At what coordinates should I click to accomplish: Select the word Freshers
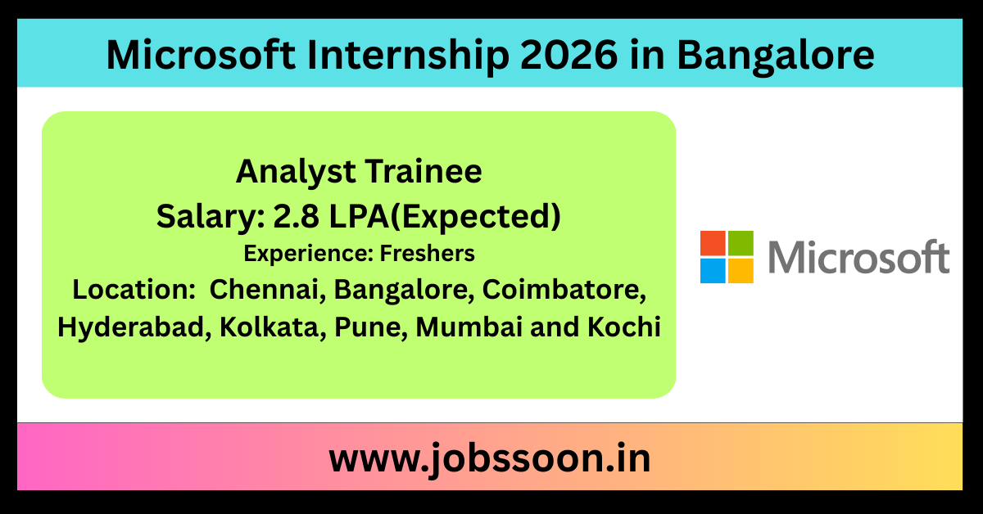coord(427,254)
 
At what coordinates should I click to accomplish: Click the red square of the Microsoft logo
coord(713,243)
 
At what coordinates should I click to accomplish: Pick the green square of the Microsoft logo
coord(741,243)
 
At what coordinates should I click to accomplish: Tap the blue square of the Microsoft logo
coord(713,271)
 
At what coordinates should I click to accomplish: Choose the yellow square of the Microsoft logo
coord(741,271)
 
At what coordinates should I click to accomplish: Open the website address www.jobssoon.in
coord(490,458)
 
